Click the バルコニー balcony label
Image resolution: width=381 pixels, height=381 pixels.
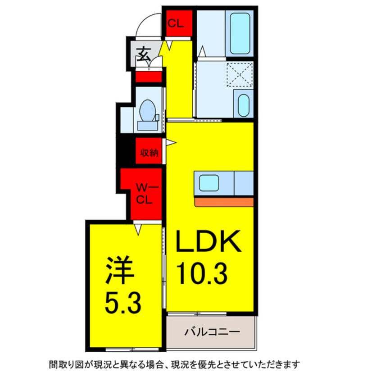click(211, 333)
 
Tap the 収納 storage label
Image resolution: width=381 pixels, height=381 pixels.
click(148, 153)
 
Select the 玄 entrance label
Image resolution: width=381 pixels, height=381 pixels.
click(144, 54)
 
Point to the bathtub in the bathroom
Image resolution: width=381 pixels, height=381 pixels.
click(240, 33)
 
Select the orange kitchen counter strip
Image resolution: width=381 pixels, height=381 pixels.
click(224, 201)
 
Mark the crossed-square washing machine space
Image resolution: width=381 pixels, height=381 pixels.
click(239, 74)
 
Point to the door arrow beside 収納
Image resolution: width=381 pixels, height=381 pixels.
click(171, 143)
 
